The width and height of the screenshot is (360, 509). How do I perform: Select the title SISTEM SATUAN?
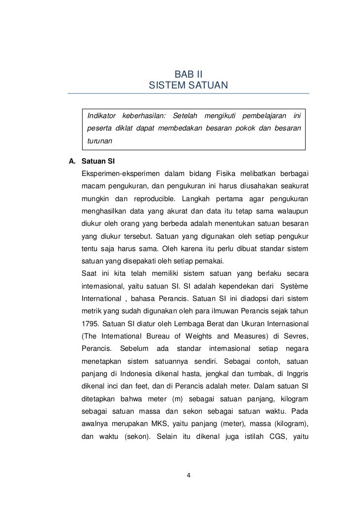[188, 86]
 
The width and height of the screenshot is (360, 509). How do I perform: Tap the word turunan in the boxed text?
[100, 141]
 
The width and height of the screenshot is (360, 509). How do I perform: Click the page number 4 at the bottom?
[188, 476]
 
